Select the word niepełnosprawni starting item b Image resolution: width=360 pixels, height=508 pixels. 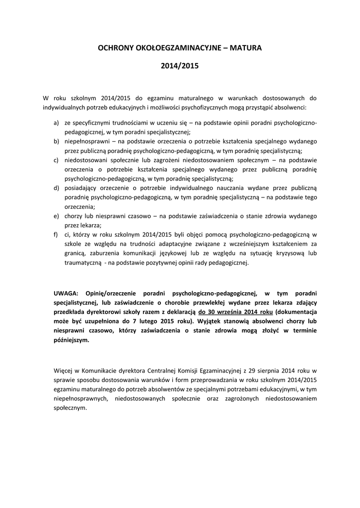click(86, 141)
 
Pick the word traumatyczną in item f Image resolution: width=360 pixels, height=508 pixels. click(83, 263)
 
